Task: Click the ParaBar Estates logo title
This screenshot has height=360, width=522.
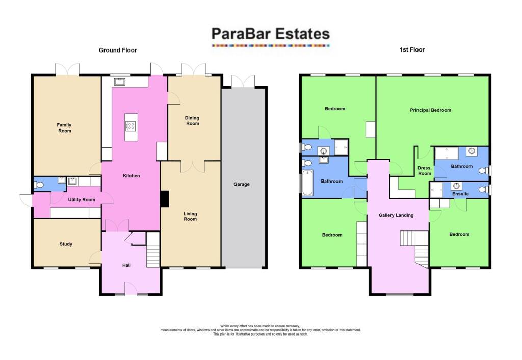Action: pos(271,34)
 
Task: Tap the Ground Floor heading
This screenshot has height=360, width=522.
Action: pos(118,50)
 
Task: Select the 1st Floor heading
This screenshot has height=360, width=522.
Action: pos(412,50)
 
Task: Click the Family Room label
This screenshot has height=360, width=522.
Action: pos(64,128)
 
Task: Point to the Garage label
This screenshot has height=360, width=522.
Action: pos(242,184)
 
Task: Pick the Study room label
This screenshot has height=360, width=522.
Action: pos(66,244)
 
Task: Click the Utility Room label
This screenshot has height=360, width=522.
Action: pos(82,200)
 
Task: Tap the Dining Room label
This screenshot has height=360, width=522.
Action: pos(192,121)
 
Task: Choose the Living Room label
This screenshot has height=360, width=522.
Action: pos(191,217)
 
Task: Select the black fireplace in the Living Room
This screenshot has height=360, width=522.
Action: pos(165,199)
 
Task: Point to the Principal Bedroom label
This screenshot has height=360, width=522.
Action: pos(431,110)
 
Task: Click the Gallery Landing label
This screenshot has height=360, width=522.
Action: pos(396,215)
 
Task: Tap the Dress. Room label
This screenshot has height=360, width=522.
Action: pos(425,171)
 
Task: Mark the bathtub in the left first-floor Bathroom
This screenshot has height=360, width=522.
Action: pos(307,184)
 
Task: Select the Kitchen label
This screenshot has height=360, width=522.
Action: pos(131,176)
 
